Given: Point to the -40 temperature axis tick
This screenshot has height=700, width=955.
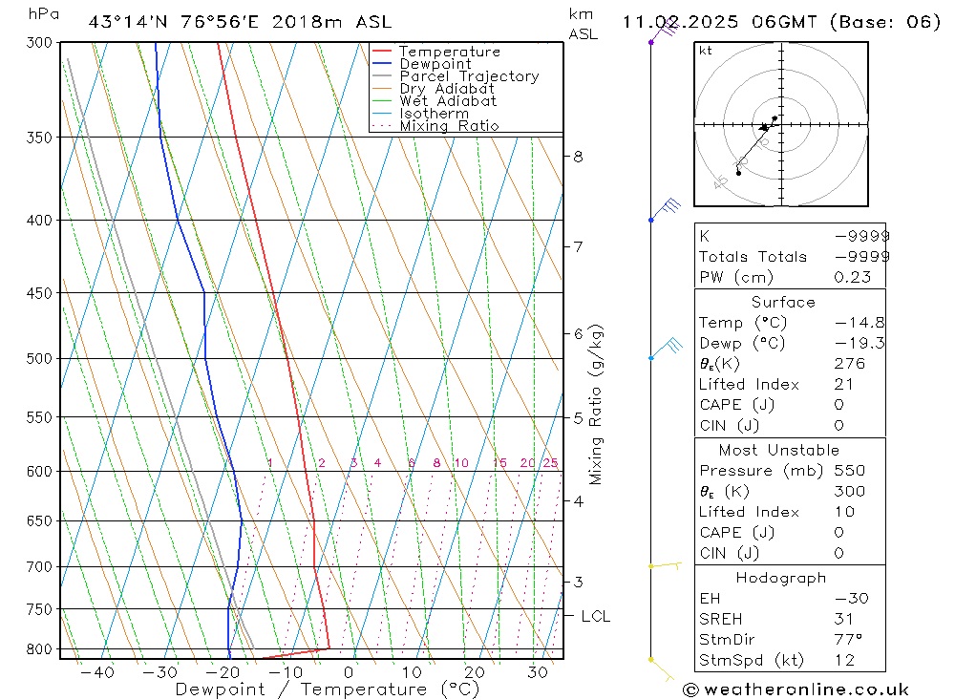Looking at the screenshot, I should (97, 672).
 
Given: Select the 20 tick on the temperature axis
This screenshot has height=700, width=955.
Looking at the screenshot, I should (475, 672).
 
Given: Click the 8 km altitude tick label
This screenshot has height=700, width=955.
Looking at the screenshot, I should (579, 157).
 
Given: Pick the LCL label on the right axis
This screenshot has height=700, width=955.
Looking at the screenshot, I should (595, 617).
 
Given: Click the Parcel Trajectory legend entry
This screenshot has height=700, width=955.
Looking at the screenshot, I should (469, 76).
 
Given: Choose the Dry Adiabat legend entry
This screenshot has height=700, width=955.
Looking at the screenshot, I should (447, 89).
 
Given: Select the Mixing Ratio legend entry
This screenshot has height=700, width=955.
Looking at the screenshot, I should (449, 126).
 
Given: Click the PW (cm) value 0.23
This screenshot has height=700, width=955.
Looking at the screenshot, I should (852, 277).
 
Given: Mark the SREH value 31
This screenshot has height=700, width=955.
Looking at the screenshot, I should (843, 619).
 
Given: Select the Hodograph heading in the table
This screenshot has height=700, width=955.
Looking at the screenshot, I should (781, 578).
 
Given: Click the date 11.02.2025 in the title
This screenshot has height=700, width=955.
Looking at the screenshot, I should (689, 22).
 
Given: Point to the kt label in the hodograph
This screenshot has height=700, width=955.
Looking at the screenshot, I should (706, 51).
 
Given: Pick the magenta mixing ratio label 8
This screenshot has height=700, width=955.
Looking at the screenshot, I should (436, 464).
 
